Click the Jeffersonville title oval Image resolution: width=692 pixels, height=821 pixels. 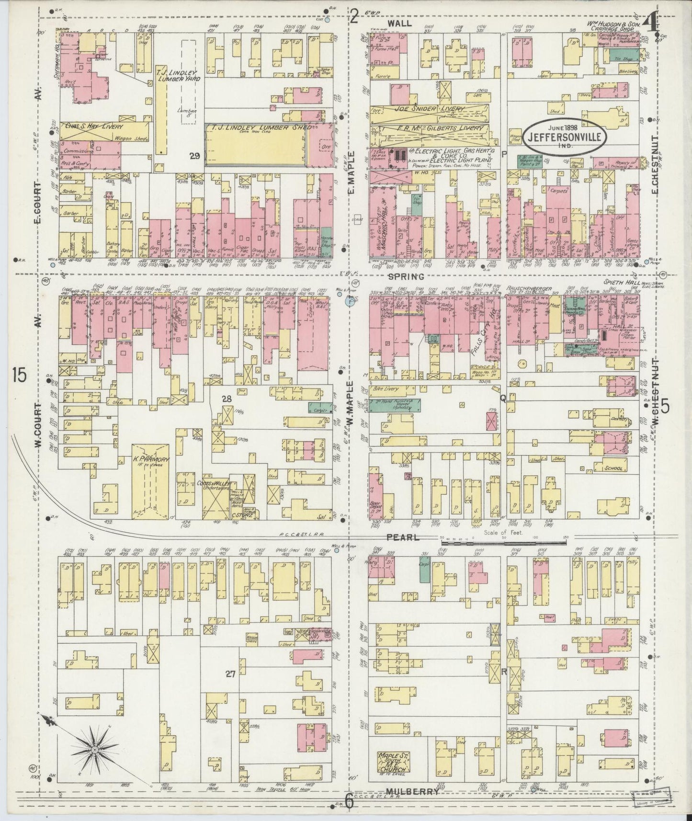point(565,135)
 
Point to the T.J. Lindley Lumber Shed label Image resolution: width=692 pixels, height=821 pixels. point(259,127)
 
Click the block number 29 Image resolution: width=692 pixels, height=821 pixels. point(194,156)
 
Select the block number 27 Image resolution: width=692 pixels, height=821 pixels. point(230,674)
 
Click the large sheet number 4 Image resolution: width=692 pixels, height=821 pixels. point(650,23)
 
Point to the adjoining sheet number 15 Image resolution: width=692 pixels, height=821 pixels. point(20,376)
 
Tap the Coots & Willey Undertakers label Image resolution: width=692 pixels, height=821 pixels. point(214,486)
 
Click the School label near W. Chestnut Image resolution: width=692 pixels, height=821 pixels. point(613,468)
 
